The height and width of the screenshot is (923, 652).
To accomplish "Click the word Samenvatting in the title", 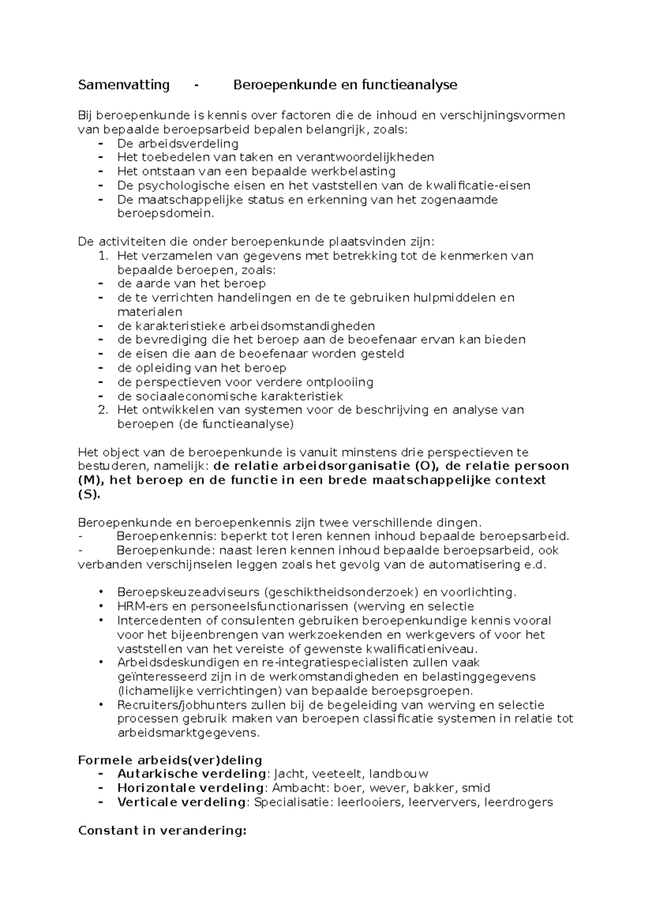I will click(x=124, y=85).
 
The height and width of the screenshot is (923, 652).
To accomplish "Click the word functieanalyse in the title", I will click(x=415, y=85).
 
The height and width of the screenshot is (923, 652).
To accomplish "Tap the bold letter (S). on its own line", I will click(x=89, y=495).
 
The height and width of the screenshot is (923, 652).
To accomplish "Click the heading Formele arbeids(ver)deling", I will click(x=170, y=760).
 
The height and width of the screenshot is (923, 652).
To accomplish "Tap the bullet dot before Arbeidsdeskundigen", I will click(x=102, y=663).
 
